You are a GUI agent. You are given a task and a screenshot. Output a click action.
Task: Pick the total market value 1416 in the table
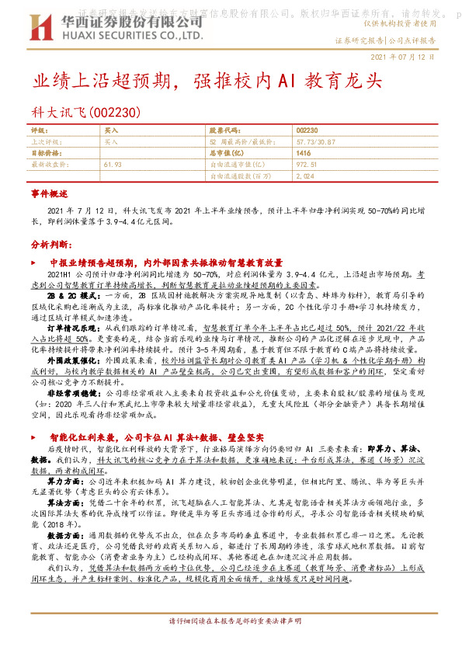click(x=303, y=154)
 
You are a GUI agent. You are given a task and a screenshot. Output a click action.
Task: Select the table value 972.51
click(x=307, y=165)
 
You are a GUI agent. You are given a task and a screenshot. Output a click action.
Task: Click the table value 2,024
click(x=304, y=176)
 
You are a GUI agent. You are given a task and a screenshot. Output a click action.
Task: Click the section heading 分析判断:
click(x=51, y=244)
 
